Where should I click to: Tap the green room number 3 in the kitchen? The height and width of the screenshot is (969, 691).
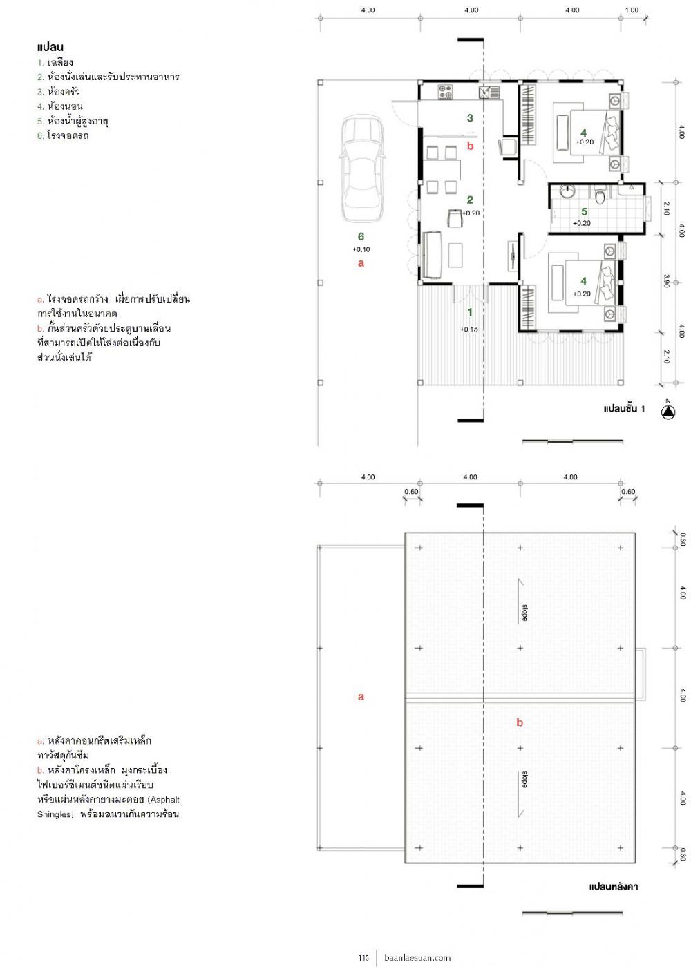click(470, 117)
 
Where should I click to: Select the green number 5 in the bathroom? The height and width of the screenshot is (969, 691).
click(584, 211)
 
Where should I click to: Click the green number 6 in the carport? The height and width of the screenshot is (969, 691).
click(361, 236)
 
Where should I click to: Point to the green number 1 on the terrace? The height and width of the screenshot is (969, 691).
click(470, 312)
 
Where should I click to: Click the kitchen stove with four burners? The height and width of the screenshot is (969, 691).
click(446, 92)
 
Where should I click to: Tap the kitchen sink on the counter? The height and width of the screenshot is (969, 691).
click(489, 92)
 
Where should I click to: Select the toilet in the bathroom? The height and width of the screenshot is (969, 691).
click(600, 196)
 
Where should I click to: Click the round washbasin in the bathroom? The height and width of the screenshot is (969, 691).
click(566, 191)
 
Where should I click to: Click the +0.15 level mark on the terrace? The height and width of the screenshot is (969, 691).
click(468, 329)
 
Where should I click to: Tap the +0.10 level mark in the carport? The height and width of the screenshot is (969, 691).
click(361, 249)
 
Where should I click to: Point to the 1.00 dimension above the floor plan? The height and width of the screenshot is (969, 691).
click(632, 10)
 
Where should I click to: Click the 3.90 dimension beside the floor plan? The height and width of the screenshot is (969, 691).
click(667, 281)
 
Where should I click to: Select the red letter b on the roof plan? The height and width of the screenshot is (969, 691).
click(520, 723)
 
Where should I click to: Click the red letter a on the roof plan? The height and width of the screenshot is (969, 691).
click(361, 697)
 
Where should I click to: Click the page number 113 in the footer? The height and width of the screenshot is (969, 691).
click(363, 958)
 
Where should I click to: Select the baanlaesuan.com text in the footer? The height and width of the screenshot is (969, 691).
click(417, 958)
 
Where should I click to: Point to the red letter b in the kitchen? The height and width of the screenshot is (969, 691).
click(471, 146)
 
